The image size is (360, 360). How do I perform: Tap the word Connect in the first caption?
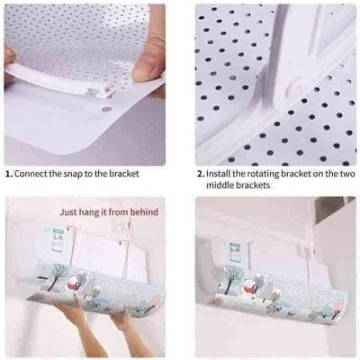28,174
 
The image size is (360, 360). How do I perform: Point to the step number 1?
9,174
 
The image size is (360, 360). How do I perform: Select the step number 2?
201,174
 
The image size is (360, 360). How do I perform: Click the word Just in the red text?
68,212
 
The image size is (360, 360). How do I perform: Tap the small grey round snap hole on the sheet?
106,110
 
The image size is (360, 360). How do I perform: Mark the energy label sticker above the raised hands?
58,239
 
